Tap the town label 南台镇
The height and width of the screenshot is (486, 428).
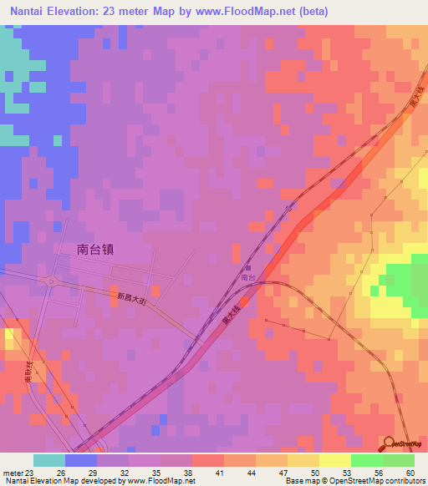click(94, 248)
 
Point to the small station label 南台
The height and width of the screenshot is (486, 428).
click(247, 276)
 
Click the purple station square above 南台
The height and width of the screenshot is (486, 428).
click(247, 267)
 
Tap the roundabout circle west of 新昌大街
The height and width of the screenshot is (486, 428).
click(53, 281)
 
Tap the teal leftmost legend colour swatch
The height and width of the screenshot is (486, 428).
click(49, 460)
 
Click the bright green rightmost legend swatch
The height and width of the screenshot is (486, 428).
click(399, 460)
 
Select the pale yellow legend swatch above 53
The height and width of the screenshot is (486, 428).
click(334, 460)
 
